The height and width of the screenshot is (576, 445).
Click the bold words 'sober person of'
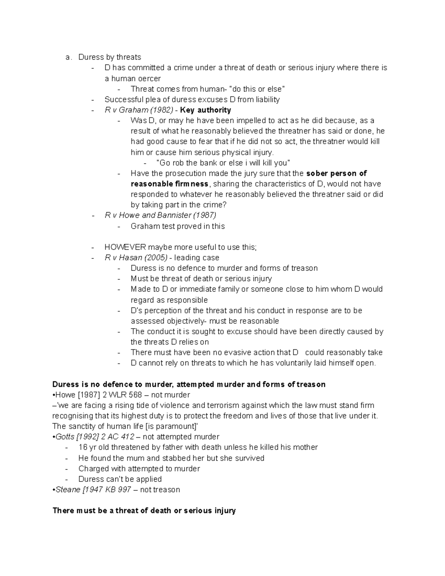tap(337, 173)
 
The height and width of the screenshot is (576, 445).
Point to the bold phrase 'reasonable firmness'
tap(169, 184)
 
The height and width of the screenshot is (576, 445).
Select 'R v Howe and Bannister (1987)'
tap(160, 215)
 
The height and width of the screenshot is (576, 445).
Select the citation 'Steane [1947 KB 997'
tap(93, 490)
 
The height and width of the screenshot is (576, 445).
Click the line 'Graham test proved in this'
tap(178, 226)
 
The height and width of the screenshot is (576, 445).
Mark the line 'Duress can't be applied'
tap(120, 479)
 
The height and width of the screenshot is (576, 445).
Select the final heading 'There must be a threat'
tap(144, 511)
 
